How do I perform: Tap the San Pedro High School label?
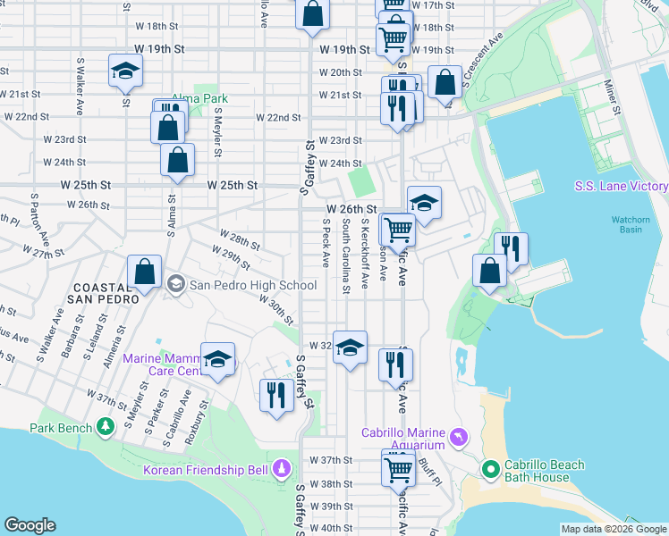pyautogui.click(x=252, y=285)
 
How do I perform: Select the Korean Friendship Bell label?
pyautogui.click(x=207, y=469)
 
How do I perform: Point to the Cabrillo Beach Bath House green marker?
pyautogui.click(x=490, y=468)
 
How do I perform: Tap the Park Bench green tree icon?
pyautogui.click(x=107, y=427)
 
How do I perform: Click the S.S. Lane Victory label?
pyautogui.click(x=621, y=186)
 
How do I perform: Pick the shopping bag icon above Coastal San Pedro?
pyautogui.click(x=144, y=274)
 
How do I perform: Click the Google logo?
pyautogui.click(x=30, y=525)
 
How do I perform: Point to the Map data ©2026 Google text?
pyautogui.click(x=613, y=529)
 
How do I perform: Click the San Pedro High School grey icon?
pyautogui.click(x=175, y=285)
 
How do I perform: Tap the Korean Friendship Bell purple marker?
pyautogui.click(x=283, y=468)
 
